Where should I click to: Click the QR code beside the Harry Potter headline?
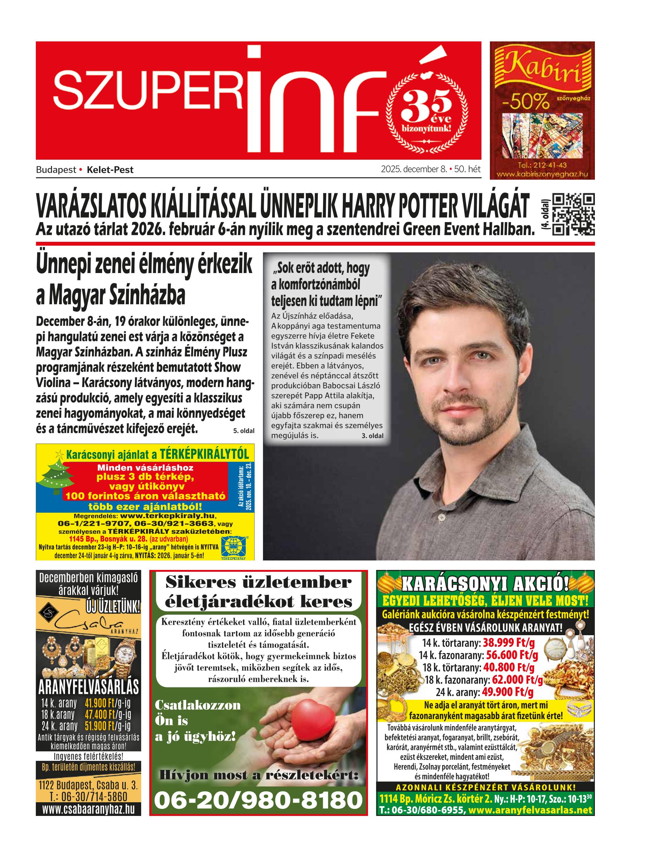pos(573,214)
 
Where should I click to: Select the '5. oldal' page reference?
pos(243,431)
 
